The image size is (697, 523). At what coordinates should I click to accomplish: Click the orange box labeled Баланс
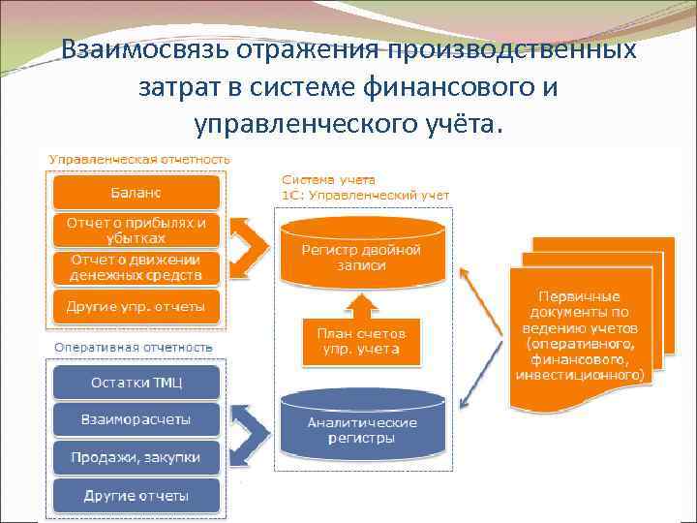pos(136,192)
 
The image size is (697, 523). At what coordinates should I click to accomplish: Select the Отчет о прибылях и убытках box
pos(136,230)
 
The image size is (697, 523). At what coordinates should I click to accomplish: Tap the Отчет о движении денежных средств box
pos(136,267)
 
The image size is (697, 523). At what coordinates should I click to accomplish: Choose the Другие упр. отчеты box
pos(136,306)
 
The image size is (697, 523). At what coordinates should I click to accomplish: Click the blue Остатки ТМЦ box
pos(136,382)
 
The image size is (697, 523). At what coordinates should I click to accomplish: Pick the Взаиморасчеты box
pos(136,419)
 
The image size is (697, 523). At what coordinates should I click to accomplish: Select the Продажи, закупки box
pos(136,456)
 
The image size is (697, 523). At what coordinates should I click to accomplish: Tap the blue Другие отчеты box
pos(136,495)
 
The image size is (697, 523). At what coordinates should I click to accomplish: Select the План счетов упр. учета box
pos(361,340)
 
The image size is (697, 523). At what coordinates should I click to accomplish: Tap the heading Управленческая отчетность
pos(139,158)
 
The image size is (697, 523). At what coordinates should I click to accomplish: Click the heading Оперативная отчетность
pos(134,347)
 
